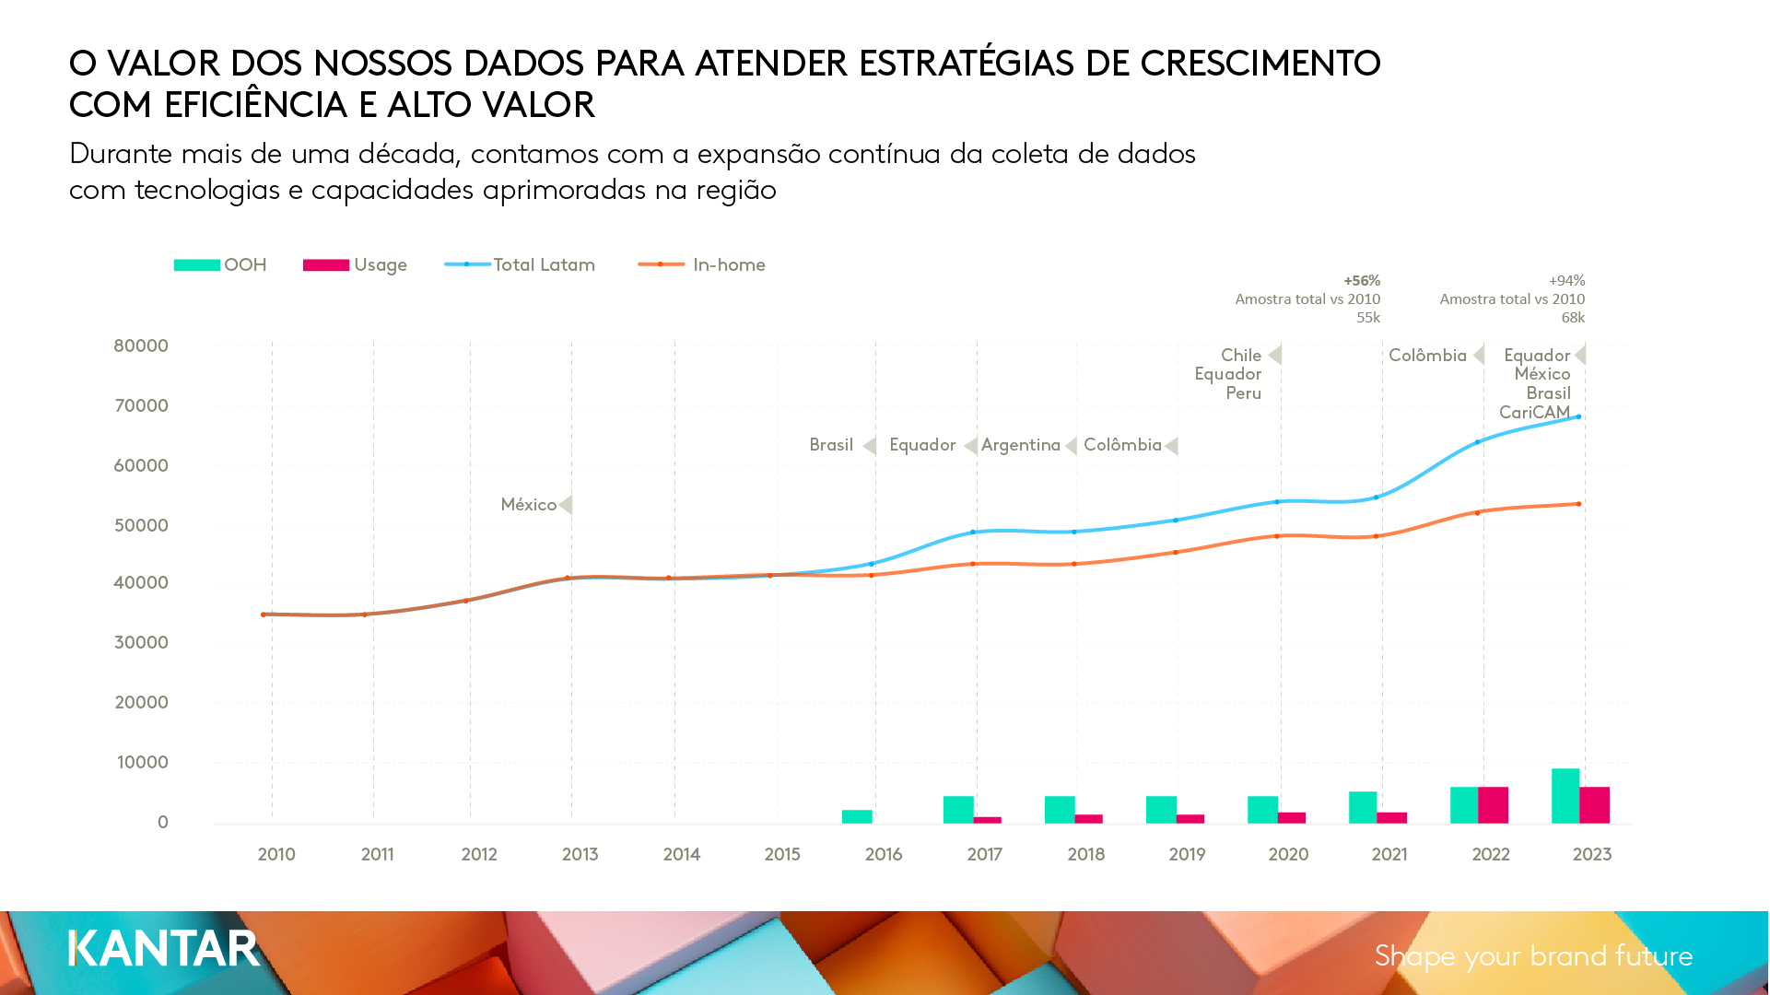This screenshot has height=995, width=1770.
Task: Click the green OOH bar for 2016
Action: pos(857,816)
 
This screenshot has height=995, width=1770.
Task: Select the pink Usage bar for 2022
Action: pos(1493,805)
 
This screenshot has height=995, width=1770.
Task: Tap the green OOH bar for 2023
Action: pos(1565,796)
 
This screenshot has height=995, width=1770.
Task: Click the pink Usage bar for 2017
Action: pos(987,820)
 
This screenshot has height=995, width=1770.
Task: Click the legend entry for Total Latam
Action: pos(544,265)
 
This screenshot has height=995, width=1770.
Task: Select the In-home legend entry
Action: pos(728,265)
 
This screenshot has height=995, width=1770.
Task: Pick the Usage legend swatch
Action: pos(326,265)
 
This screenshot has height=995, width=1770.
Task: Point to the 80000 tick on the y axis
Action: pos(141,346)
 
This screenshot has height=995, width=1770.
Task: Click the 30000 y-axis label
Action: pos(141,643)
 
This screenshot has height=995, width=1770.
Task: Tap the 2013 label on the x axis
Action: pos(580,855)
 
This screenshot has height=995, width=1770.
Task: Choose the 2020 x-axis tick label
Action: pos(1288,855)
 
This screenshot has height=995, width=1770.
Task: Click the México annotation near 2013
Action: pos(529,505)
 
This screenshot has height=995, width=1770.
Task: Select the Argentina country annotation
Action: pos(1021,446)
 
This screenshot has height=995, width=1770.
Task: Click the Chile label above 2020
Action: pos(1241,356)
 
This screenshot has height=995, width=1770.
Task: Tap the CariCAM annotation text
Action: pos(1534,413)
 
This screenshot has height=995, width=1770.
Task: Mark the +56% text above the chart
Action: pos(1362,281)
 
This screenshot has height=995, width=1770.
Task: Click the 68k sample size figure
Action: pos(1573,318)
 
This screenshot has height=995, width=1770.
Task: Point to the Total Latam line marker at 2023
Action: pos(1578,417)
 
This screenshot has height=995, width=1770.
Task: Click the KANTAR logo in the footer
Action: pos(164,949)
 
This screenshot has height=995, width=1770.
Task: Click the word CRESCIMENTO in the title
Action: pos(1260,64)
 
